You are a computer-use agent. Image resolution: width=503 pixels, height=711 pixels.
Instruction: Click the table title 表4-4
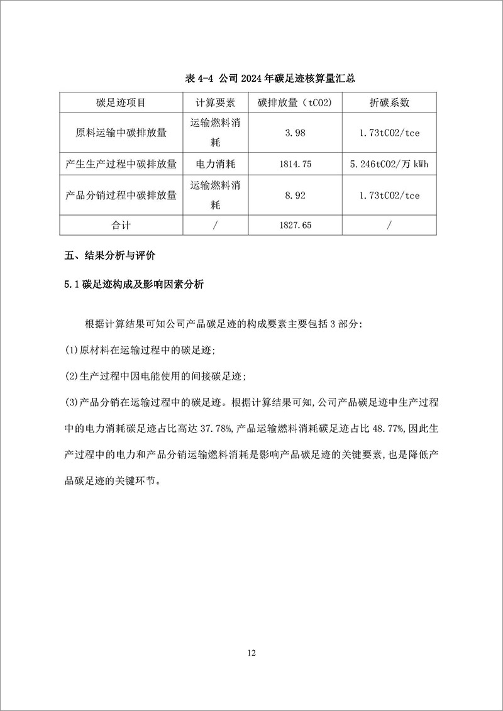coord(276,78)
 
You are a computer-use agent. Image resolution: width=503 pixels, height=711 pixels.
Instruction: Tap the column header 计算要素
coord(215,102)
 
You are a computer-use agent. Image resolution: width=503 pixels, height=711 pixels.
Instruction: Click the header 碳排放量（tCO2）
coord(295,102)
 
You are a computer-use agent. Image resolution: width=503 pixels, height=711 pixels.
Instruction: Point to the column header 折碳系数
coord(389,102)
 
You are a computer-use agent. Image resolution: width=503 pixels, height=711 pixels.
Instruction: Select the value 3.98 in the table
coord(295,133)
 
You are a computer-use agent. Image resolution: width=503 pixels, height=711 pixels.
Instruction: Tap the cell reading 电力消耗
coord(215,164)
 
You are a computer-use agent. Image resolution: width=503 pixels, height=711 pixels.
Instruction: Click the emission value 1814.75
coord(295,164)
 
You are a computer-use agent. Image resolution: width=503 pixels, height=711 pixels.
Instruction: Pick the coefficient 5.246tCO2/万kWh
coord(389,164)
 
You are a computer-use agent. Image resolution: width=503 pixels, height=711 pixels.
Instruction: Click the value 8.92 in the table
coord(295,196)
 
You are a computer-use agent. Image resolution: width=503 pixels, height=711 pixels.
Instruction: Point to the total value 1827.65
coord(295,225)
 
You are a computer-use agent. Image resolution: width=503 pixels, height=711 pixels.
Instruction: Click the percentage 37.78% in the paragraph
coord(217,429)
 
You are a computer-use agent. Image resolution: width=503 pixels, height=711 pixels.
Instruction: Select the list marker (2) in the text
coord(72,376)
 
